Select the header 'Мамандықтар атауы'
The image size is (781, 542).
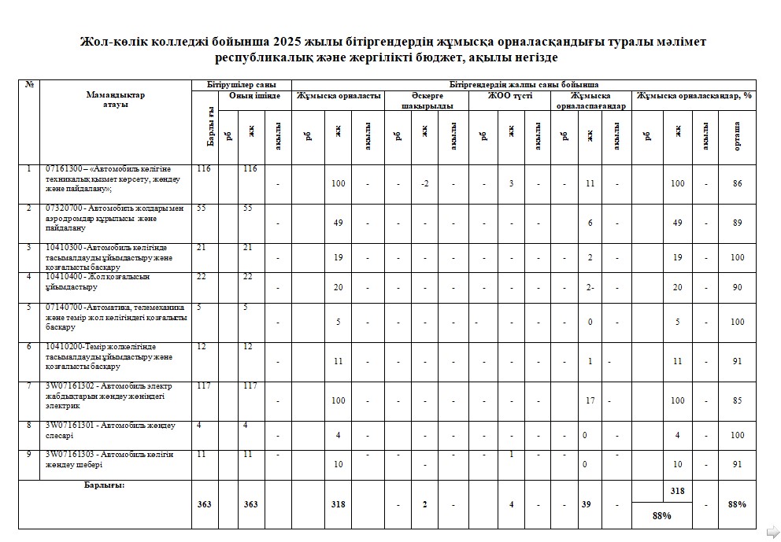tap(116, 100)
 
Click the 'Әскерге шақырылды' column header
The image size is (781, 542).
tap(427, 101)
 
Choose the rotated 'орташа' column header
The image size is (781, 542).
tap(737, 135)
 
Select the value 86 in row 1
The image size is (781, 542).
tap(737, 183)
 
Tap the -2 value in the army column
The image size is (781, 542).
tap(424, 183)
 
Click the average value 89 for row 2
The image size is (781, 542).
tap(737, 223)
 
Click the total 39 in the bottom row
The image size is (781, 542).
tap(586, 504)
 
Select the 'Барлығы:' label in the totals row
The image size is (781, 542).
tap(105, 485)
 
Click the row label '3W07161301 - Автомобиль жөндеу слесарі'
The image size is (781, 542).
tap(110, 430)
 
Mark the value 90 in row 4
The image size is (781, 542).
tap(737, 288)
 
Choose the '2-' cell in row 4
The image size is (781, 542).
tap(590, 288)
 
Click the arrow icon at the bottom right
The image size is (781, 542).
tap(772, 531)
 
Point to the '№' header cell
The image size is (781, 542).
tap(29, 84)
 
